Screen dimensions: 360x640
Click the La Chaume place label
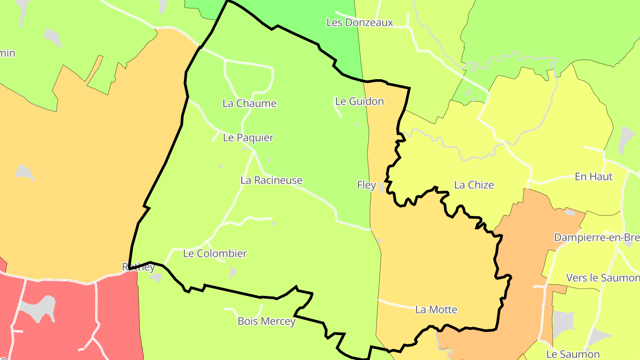tap(249, 104)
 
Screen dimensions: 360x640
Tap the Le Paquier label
tap(248, 138)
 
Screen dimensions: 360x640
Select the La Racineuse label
tap(271, 180)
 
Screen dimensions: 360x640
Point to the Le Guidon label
tap(359, 101)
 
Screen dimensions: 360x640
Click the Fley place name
tap(366, 185)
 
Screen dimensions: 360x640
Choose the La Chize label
tap(474, 185)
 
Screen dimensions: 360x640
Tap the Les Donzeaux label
tap(360, 22)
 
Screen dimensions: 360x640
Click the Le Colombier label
tap(215, 254)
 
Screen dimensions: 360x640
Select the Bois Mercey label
tap(266, 321)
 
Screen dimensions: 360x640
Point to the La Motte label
tap(436, 310)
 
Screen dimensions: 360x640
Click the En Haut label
tap(593, 177)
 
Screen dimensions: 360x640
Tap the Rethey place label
tap(138, 267)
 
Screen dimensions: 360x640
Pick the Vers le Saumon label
tap(602, 278)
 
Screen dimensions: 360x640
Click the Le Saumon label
tap(572, 355)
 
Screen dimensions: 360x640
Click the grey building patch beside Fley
tap(382, 188)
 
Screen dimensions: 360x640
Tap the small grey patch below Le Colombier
tap(232, 272)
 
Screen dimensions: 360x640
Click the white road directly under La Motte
tap(400, 304)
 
